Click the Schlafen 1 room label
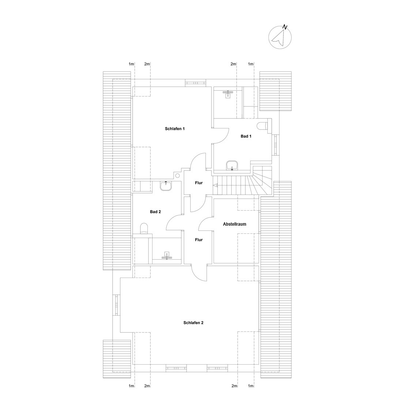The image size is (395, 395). pyautogui.click(x=175, y=129)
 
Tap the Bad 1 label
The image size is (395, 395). pyautogui.click(x=246, y=136)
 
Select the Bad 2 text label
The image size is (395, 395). pyautogui.click(x=155, y=212)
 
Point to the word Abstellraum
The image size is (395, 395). pyautogui.click(x=234, y=224)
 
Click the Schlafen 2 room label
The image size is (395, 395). pyautogui.click(x=193, y=323)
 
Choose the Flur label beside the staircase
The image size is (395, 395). pyautogui.click(x=199, y=183)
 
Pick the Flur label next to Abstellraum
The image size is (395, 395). pyautogui.click(x=199, y=240)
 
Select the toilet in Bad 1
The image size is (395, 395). pyautogui.click(x=263, y=126)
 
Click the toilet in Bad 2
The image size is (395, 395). pyautogui.click(x=144, y=229)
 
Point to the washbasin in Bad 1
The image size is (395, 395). pyautogui.click(x=232, y=166)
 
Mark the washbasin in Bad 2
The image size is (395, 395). pyautogui.click(x=166, y=186)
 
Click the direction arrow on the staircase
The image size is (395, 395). pyautogui.click(x=216, y=185)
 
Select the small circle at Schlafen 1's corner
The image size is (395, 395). pyautogui.click(x=178, y=176)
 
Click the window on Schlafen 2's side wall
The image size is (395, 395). pyautogui.click(x=116, y=305)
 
